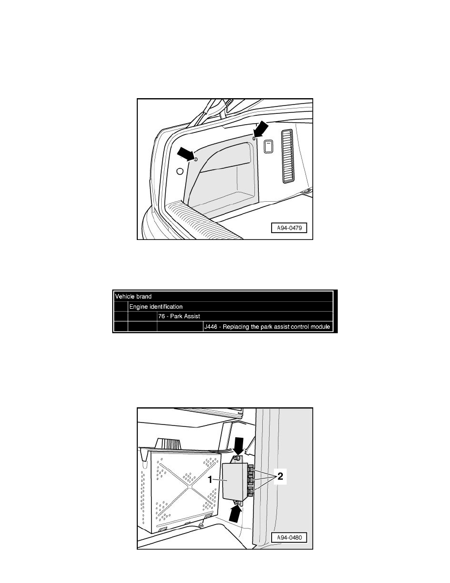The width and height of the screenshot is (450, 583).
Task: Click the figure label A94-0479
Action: pos(289,228)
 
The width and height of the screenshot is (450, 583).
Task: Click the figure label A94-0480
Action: pos(289,537)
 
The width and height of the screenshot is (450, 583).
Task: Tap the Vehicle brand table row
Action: pos(223,296)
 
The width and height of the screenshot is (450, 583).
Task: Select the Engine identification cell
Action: pos(230,307)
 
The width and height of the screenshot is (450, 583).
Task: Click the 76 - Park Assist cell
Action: pos(245,317)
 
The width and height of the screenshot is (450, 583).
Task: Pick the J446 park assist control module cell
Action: pos(268,326)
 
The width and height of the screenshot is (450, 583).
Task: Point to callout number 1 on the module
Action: pos(210,479)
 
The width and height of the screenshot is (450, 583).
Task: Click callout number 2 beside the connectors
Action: pos(280,476)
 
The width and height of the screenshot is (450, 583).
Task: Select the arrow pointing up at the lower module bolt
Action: pos(235,513)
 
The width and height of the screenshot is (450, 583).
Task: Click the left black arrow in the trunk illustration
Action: pos(186,154)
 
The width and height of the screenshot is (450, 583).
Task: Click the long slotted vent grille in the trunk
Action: pos(289,156)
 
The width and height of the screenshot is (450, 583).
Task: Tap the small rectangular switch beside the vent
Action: pos(268,146)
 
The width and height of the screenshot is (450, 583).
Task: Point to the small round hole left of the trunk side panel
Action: pos(180,171)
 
